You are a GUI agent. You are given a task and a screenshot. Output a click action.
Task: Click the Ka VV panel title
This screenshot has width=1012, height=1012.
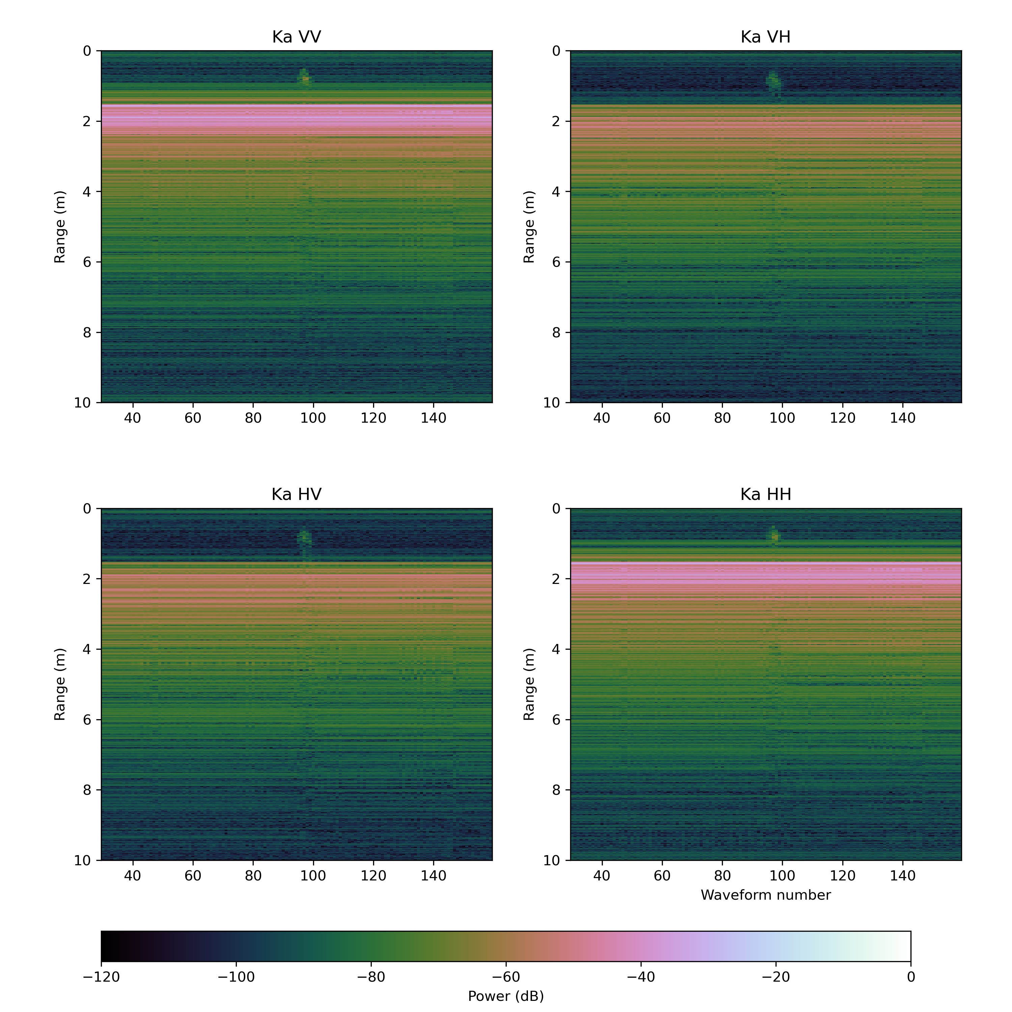297,37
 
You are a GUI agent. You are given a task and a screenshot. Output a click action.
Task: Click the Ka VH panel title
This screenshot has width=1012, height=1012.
765,37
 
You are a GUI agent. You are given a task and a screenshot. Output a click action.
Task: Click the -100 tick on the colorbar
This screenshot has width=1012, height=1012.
236,977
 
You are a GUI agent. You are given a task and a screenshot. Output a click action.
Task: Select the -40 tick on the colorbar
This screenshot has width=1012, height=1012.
641,977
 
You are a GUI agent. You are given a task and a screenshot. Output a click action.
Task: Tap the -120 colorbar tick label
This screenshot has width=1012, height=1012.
101,977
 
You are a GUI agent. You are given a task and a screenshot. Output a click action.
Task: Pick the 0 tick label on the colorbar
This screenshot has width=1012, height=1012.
911,977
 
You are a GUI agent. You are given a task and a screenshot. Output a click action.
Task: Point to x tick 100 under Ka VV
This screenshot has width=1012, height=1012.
313,418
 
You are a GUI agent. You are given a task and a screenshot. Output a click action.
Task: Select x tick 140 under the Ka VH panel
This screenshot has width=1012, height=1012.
902,418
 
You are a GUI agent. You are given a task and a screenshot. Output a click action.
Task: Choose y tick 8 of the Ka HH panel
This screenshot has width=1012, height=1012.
556,790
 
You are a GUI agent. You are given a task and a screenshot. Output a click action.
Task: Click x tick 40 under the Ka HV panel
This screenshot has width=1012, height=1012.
133,876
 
